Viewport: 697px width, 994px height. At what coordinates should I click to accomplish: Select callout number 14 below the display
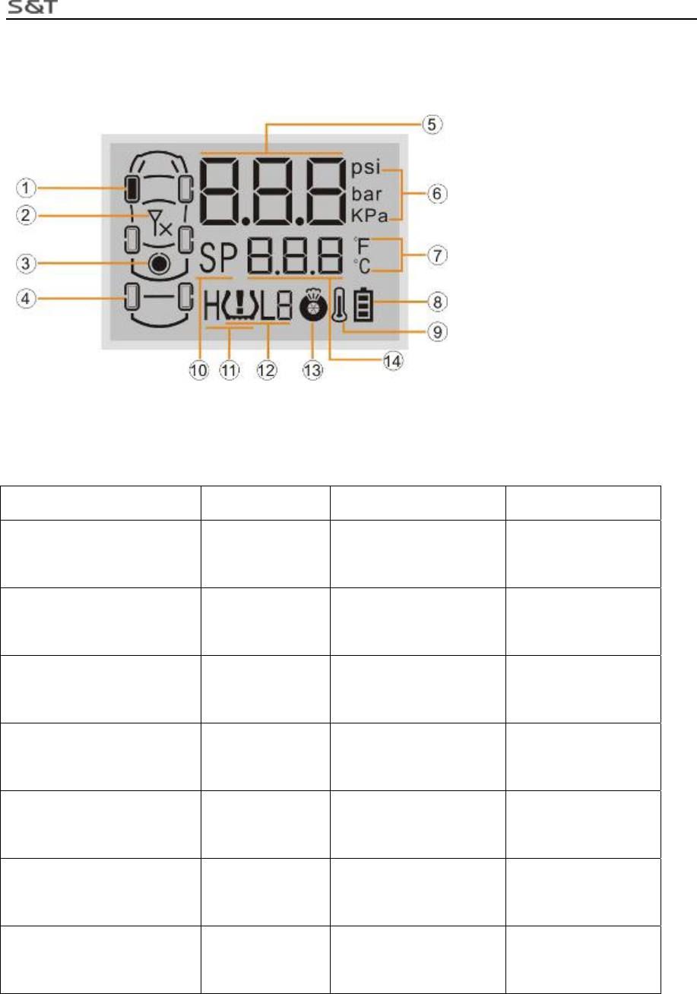(x=391, y=362)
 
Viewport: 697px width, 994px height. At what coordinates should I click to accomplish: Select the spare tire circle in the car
(x=158, y=264)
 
